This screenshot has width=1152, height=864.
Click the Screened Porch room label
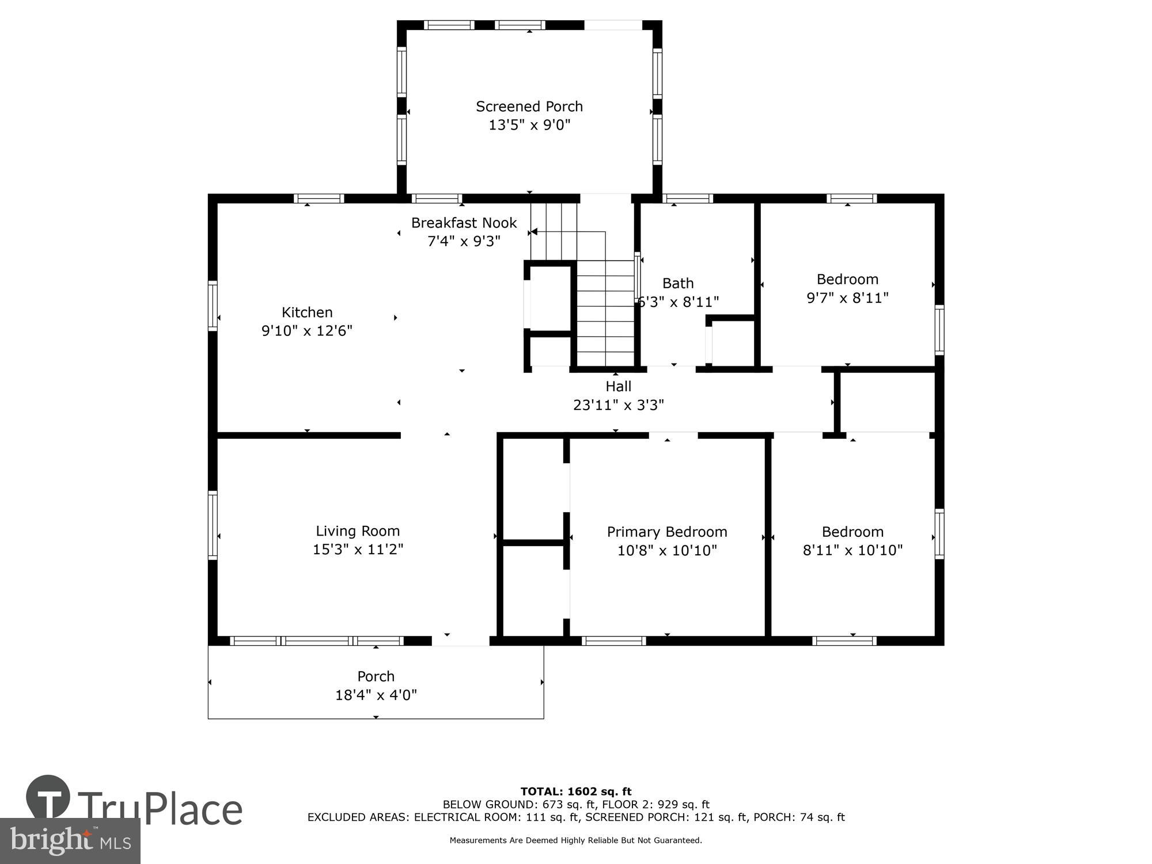[529, 107]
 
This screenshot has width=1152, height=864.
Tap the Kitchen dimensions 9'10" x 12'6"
[306, 331]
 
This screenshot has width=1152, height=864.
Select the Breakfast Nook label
[464, 223]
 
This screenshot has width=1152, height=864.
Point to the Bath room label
[677, 283]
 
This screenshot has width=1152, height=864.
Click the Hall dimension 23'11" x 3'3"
[618, 405]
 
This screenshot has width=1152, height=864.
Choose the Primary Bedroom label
[666, 532]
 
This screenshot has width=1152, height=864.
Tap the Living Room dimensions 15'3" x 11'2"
[358, 549]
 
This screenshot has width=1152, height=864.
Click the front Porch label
[376, 676]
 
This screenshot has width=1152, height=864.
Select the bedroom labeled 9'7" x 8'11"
[847, 289]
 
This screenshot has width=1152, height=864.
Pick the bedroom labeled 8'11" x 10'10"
[852, 541]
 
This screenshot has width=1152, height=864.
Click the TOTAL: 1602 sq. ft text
[575, 791]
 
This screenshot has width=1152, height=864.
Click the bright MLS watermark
[70, 841]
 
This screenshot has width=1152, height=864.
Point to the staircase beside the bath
[605, 314]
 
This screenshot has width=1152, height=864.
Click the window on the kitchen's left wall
[213, 305]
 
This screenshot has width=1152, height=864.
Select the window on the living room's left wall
[213, 525]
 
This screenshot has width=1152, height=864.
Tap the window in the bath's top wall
[687, 198]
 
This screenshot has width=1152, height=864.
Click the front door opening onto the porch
[460, 641]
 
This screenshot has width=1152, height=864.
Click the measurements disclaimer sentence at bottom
[575, 840]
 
